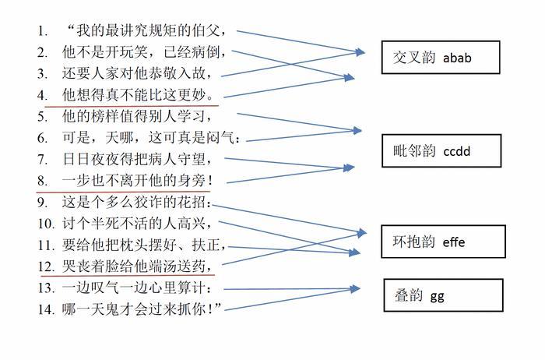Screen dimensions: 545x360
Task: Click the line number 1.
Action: click(42, 31)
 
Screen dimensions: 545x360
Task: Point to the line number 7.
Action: click(42, 160)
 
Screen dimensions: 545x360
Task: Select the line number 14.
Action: click(46, 309)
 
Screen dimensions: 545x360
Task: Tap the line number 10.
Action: click(46, 224)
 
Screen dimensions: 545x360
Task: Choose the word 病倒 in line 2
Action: click(206, 52)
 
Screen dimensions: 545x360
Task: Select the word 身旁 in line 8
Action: click(192, 181)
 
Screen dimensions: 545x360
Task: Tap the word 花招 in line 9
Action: click(192, 202)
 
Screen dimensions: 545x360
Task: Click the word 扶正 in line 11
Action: click(206, 245)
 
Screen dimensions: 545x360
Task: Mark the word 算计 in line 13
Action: click(192, 288)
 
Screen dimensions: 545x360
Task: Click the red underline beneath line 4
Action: click(132, 106)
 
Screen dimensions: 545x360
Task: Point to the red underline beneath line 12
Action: click(128, 276)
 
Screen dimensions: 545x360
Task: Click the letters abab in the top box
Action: click(457, 58)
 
